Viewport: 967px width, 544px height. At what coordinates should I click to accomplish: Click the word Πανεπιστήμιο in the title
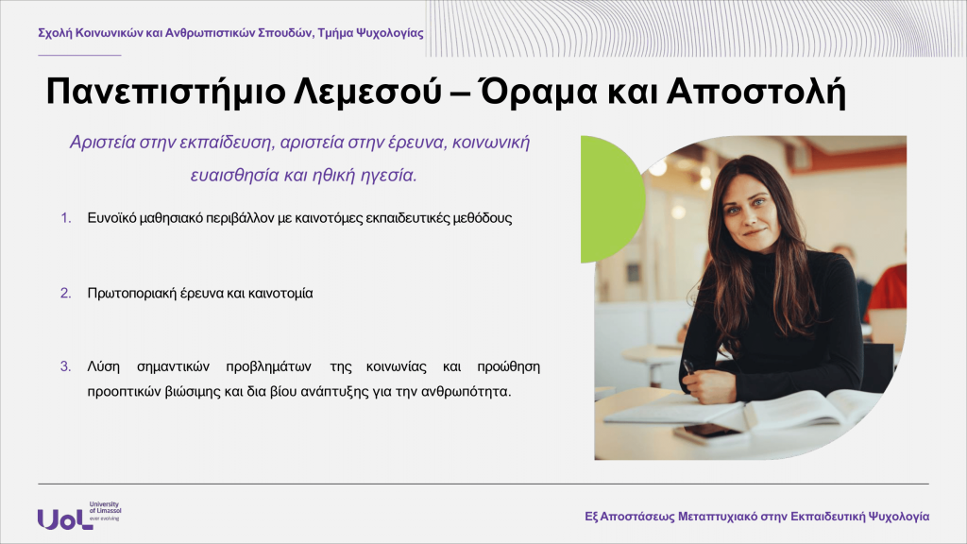(165, 93)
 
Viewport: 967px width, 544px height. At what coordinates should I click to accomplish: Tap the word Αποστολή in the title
(755, 93)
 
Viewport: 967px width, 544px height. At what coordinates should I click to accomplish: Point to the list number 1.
(66, 218)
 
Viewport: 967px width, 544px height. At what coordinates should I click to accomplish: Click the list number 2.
(66, 294)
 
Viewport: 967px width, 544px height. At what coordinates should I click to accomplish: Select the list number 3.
(66, 366)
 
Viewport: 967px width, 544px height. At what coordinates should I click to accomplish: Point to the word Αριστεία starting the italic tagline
(102, 143)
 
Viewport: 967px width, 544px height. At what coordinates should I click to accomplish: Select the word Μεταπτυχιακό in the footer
(718, 517)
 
